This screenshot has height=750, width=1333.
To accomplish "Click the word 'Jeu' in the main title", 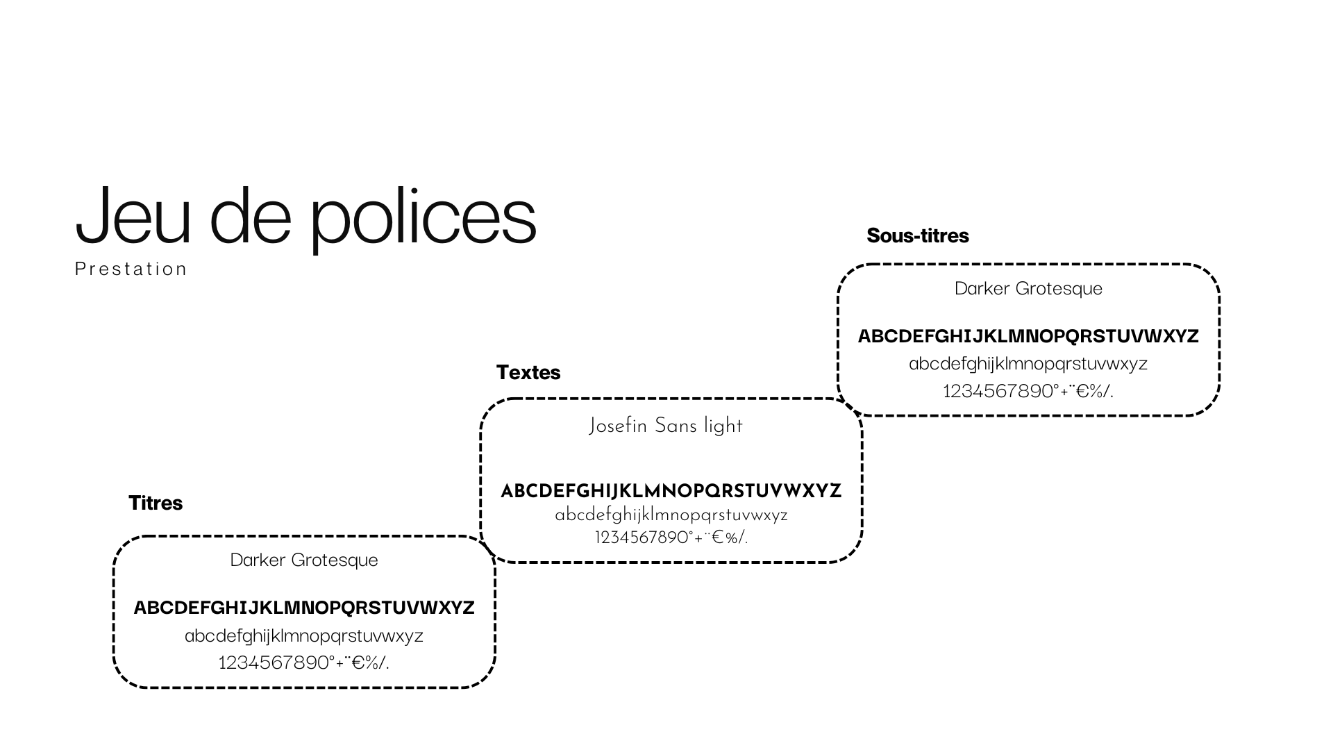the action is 133,215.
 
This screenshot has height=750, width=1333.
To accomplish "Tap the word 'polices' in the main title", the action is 423,219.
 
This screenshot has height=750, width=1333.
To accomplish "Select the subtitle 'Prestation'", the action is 131,269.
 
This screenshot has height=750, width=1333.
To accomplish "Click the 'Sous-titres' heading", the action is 918,235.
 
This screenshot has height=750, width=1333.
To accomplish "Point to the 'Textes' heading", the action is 528,372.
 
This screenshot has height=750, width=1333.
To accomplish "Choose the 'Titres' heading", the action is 156,503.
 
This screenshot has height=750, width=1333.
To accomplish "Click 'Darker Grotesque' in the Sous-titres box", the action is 1028,289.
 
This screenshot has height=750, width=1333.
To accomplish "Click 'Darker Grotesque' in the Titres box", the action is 304,560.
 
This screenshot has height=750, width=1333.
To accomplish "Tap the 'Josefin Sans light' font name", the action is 666,426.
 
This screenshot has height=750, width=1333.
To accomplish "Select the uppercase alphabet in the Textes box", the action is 671,491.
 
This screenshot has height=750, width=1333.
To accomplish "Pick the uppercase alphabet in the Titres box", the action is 304,608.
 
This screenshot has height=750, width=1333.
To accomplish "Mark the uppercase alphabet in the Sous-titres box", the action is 1028,336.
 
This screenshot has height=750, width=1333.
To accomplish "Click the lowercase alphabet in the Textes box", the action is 671,515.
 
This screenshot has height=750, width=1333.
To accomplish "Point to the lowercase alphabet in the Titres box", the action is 304,636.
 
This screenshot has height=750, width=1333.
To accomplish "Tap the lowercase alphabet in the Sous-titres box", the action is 1028,364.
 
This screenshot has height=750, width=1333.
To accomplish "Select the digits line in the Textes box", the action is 671,537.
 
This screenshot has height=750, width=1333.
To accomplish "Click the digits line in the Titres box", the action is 304,662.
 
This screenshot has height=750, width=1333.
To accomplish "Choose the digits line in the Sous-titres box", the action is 1028,391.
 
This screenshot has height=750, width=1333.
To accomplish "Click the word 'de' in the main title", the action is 251,215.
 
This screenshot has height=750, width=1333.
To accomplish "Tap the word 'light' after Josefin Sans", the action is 723,426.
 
